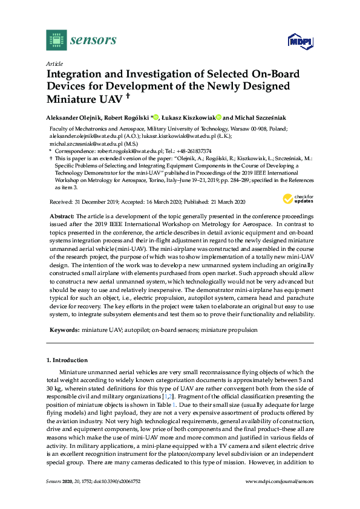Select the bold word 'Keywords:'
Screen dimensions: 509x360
pyautogui.click(x=63, y=330)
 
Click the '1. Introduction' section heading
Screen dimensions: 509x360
pyautogui.click(x=67, y=360)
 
